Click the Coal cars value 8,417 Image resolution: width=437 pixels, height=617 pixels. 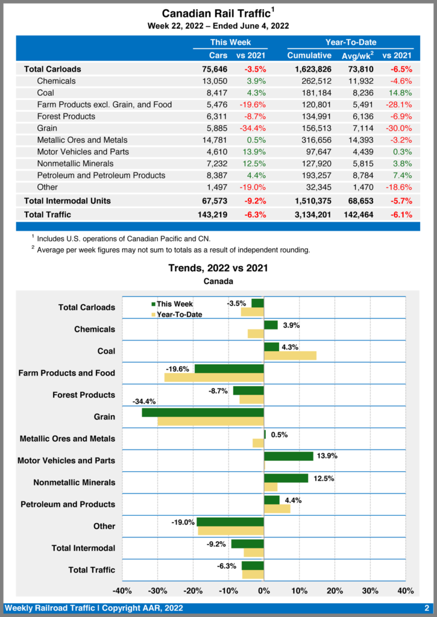pos(215,93)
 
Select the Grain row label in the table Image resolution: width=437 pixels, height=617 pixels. pos(48,128)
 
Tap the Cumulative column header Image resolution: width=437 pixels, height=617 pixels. pos(309,55)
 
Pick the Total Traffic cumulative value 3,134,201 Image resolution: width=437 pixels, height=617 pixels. pos(309,215)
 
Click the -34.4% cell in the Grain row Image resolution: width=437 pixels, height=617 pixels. pos(251,128)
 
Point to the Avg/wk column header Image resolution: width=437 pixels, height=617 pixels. pos(357,55)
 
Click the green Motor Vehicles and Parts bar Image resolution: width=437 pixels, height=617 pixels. pos(288,456)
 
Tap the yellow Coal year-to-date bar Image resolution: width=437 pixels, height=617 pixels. pos(290,356)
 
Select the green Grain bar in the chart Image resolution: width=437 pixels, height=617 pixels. pos(203,413)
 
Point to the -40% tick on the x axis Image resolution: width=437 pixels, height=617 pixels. pos(122,590)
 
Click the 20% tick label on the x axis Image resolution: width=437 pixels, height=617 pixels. pos(335,590)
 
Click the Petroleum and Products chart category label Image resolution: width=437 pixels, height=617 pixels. pos(68,504)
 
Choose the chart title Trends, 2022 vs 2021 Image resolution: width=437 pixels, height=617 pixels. pos(218,268)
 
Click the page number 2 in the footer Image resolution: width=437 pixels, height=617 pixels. pos(426,608)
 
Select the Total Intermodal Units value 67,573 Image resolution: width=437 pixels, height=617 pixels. pos(214,200)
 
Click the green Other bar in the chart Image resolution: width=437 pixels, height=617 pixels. pos(230,522)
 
